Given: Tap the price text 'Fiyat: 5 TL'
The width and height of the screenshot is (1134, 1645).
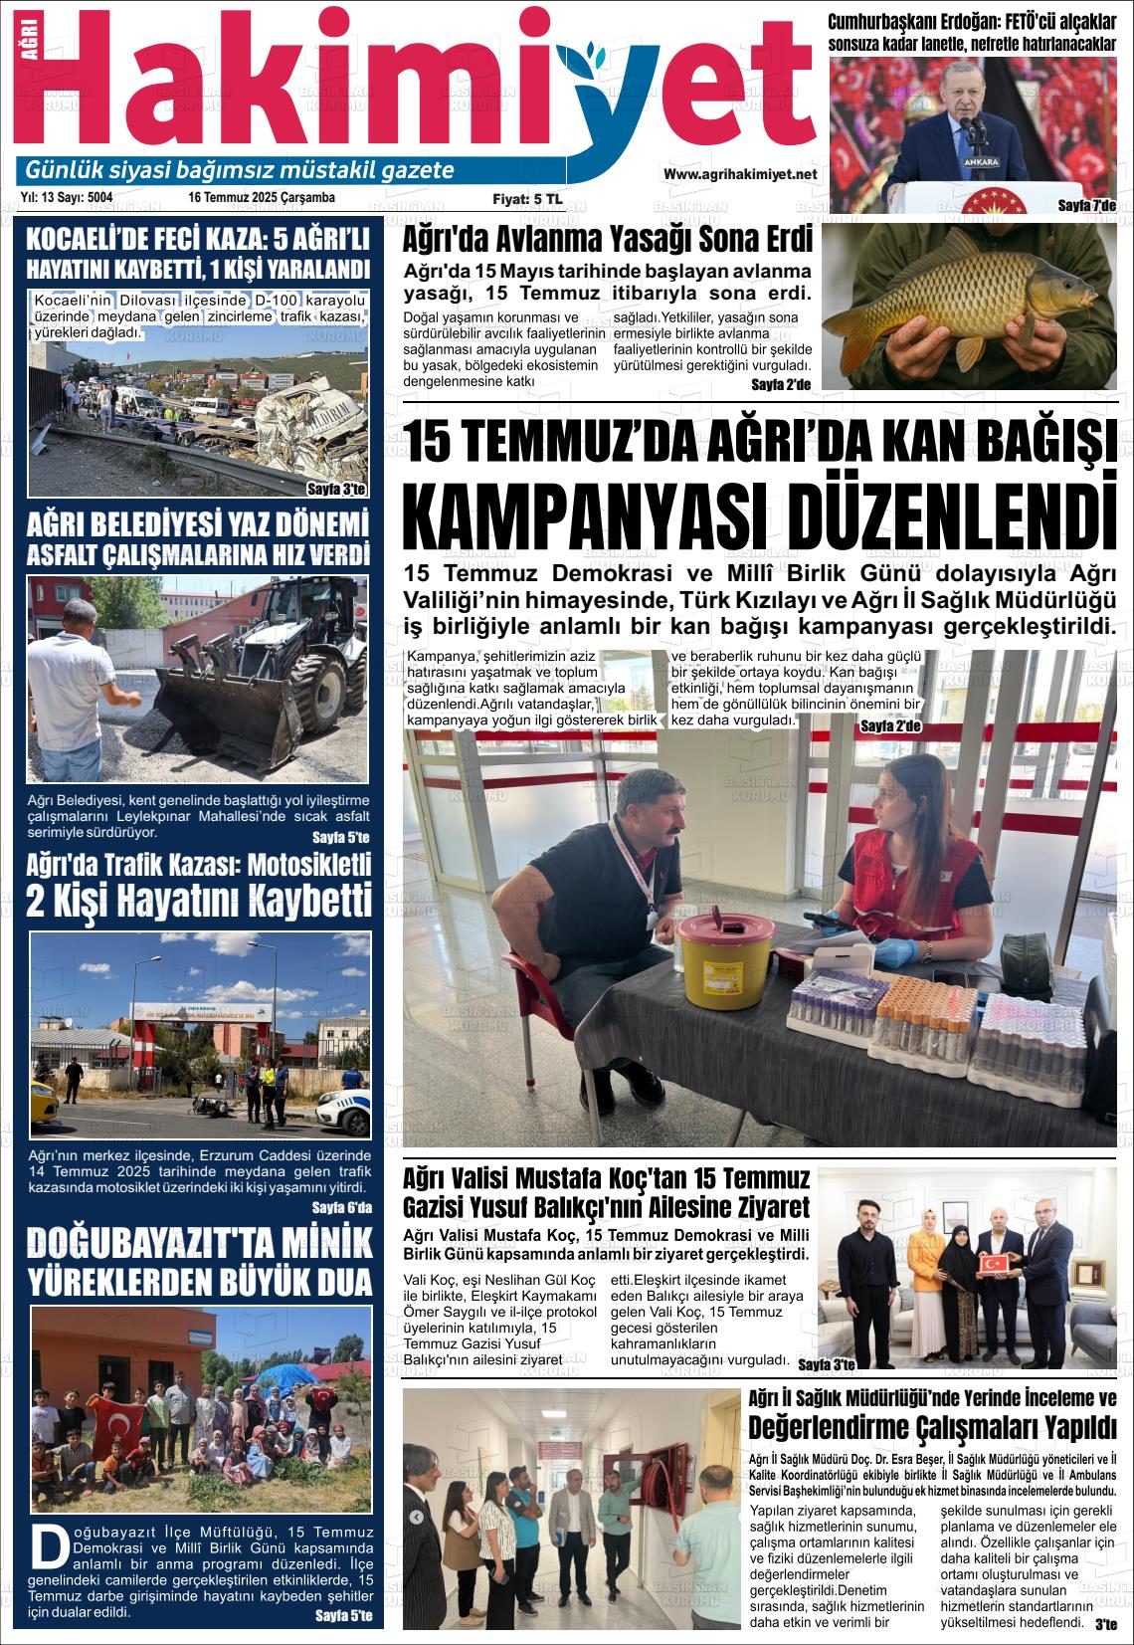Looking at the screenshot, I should (x=527, y=199).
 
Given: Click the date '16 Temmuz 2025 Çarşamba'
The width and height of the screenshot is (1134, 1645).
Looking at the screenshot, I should (x=262, y=198).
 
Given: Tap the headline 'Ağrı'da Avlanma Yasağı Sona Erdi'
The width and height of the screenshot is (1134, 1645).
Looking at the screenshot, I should (x=607, y=241).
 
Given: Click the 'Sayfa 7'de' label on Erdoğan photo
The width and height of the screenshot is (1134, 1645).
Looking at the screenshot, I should (x=1086, y=205).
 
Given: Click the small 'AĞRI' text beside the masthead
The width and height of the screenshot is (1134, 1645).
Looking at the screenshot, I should (x=27, y=59).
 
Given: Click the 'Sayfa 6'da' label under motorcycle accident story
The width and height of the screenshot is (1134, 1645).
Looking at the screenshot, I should (x=341, y=1208).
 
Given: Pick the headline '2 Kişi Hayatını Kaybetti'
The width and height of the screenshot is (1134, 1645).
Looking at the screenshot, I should (x=199, y=901).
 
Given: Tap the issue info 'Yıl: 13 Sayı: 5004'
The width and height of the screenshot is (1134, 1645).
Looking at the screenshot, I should (x=67, y=198).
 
